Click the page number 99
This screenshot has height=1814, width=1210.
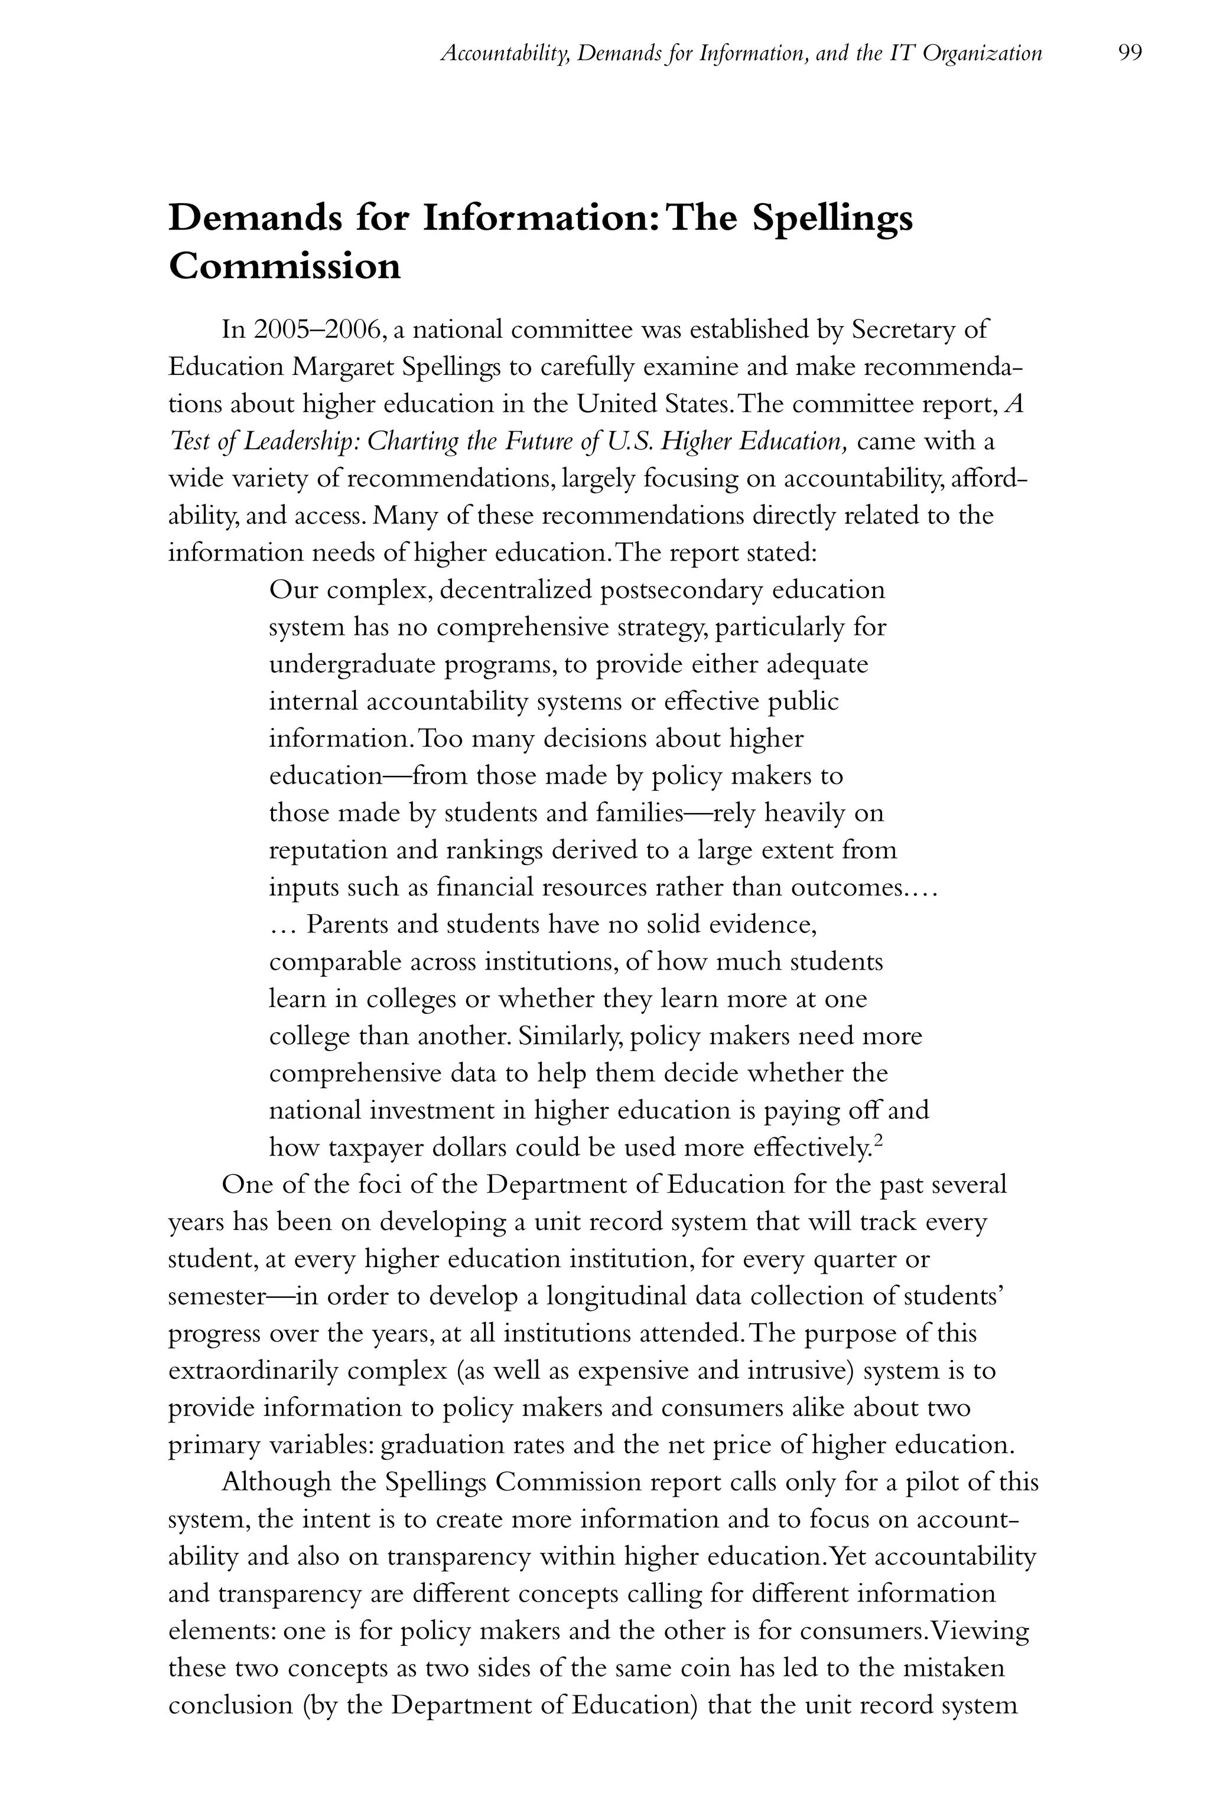[x=1129, y=53]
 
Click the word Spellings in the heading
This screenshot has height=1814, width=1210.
[x=832, y=218]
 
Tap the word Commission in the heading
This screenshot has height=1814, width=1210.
[x=285, y=267]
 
